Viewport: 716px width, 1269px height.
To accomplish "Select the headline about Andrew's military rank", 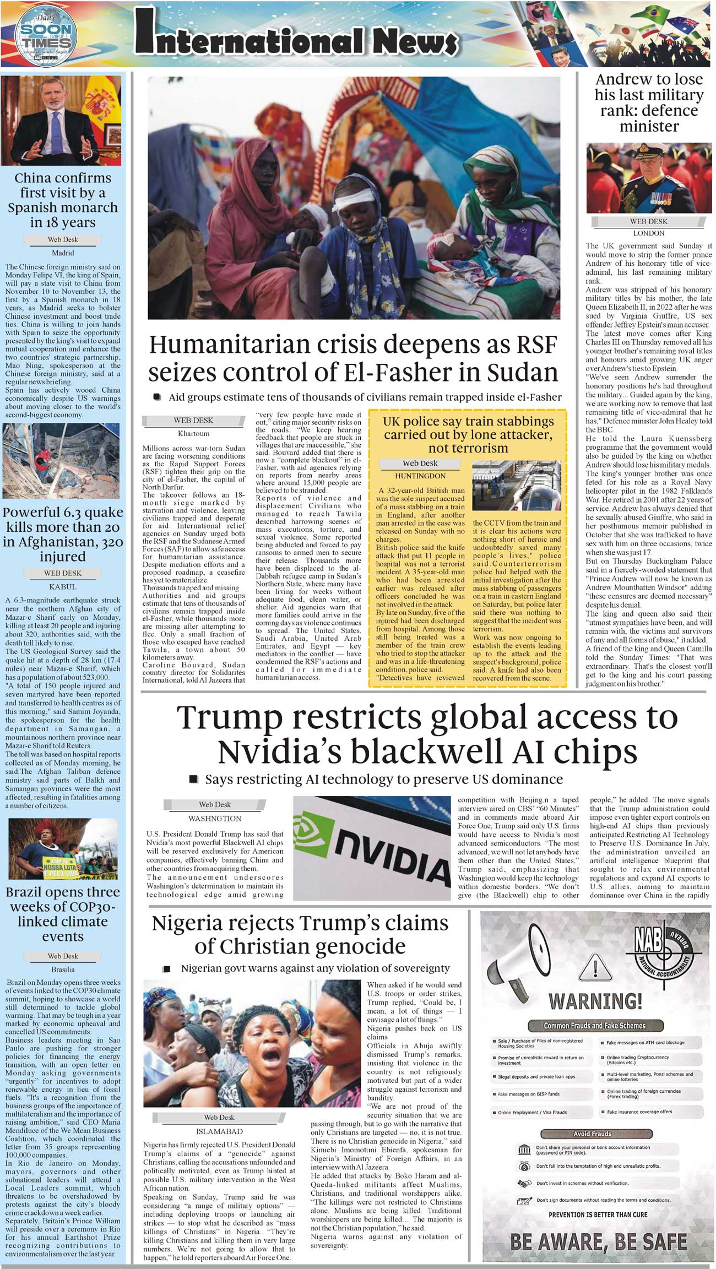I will [649, 103].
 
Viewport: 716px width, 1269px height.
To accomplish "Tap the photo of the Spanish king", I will [62, 121].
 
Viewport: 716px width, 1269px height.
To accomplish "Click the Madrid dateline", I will [63, 253].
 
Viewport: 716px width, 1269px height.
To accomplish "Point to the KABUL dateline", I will [63, 586].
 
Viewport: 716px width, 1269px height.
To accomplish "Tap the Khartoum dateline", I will [193, 433].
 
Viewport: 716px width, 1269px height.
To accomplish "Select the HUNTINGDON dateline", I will [420, 476].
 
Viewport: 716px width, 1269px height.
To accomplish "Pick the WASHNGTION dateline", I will [215, 819].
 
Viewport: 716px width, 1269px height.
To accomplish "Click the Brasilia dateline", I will [63, 970].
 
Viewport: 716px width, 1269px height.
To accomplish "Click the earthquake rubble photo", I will [61, 461].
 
